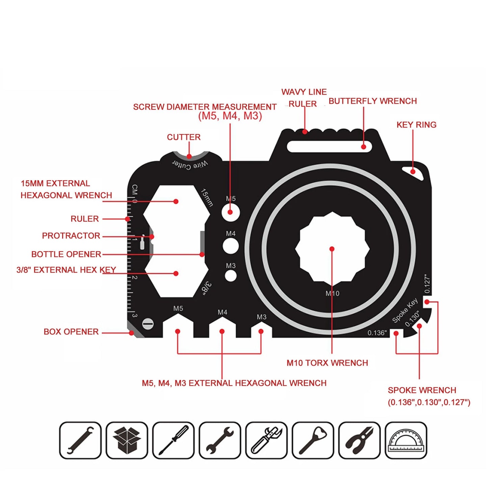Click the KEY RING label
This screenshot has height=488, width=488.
pyautogui.click(x=416, y=125)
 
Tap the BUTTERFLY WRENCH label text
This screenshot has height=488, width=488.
pyautogui.click(x=373, y=101)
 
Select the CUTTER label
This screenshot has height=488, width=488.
pyautogui.click(x=183, y=137)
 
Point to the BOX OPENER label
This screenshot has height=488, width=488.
pyautogui.click(x=71, y=332)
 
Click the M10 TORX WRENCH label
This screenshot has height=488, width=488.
pyautogui.click(x=327, y=363)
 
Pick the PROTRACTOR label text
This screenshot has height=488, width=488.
pyautogui.click(x=71, y=236)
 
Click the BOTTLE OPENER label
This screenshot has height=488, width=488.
pyautogui.click(x=66, y=254)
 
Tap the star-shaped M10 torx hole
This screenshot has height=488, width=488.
pyautogui.click(x=332, y=249)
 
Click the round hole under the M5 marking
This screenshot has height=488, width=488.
pyautogui.click(x=231, y=212)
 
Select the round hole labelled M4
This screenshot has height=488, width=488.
pyautogui.click(x=231, y=246)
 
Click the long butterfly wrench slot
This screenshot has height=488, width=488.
pyautogui.click(x=329, y=147)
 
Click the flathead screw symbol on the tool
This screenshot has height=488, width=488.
pyautogui.click(x=148, y=324)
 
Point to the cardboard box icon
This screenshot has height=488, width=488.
pyautogui.click(x=127, y=440)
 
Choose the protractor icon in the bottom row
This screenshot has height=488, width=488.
pyautogui.click(x=406, y=440)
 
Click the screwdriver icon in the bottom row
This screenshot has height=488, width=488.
pyautogui.click(x=173, y=440)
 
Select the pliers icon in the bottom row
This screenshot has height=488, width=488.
pyautogui.click(x=359, y=440)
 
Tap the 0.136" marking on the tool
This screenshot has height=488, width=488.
pyautogui.click(x=377, y=333)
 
